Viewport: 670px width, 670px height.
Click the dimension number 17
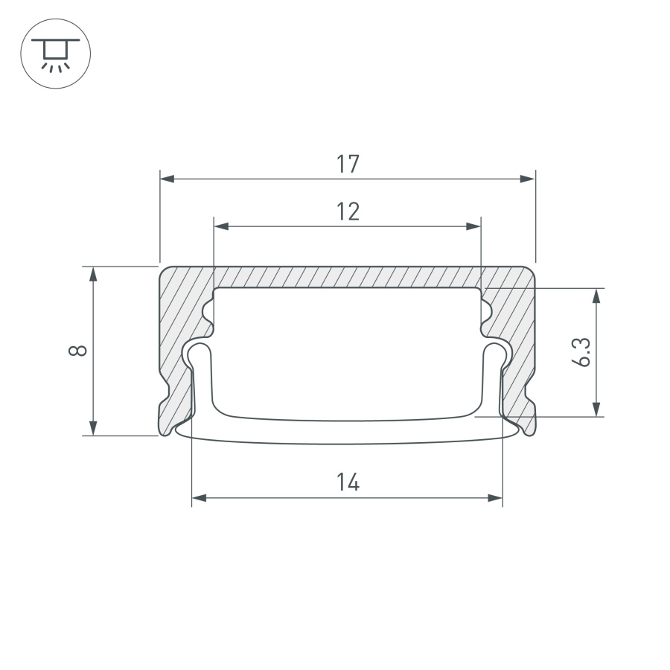tap(347, 164)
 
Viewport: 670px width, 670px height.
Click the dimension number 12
tap(347, 212)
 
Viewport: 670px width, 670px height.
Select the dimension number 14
tap(347, 482)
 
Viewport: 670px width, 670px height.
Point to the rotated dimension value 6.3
tap(582, 351)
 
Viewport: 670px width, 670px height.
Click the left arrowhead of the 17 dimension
tap(168, 179)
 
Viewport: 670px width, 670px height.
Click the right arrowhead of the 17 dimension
tap(527, 179)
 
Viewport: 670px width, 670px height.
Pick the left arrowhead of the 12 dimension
tap(221, 226)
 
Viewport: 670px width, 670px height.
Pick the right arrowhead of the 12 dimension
tap(473, 226)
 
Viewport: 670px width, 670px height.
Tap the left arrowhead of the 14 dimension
tap(200, 498)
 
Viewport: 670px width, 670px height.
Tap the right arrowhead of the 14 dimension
tap(495, 498)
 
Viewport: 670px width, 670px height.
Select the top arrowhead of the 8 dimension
tap(93, 274)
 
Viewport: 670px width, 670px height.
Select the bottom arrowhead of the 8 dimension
tap(93, 427)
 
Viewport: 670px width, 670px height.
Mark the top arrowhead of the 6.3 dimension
tap(596, 296)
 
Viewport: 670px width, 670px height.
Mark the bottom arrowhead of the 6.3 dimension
tap(596, 408)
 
